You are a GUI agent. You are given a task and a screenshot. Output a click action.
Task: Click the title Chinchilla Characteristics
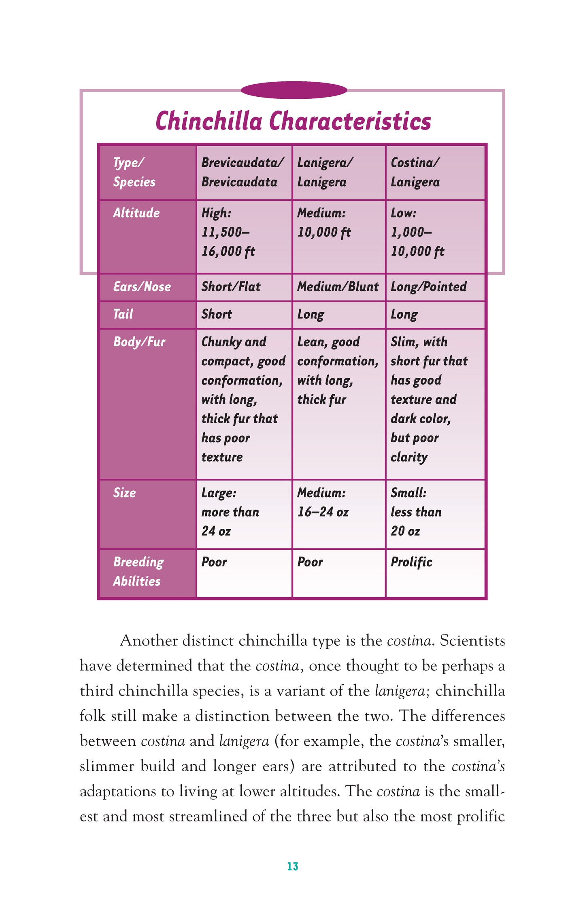point(293,121)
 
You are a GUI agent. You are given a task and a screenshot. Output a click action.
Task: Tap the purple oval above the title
point(294,90)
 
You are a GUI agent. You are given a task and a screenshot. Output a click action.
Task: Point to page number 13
point(292,866)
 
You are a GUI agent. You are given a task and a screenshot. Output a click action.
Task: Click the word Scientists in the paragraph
point(472,641)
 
